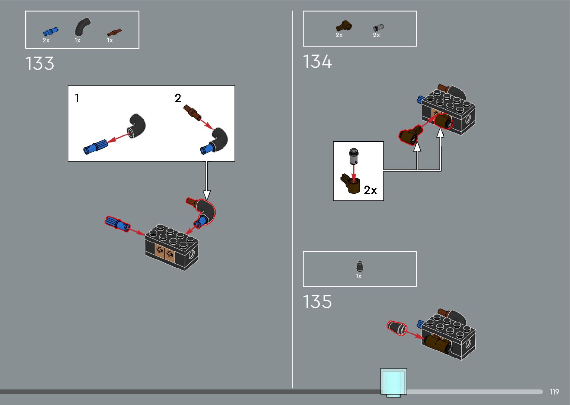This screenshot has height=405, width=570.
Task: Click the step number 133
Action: [40, 64]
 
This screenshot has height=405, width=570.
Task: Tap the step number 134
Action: [317, 62]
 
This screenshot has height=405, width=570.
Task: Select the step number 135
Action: [317, 302]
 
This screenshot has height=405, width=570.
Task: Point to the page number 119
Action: [554, 392]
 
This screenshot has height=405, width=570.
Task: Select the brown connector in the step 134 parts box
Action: [344, 26]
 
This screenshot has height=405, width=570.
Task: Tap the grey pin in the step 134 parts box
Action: [378, 28]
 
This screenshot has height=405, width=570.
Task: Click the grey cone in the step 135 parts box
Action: [360, 266]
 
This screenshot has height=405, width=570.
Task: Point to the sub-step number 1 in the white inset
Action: [77, 98]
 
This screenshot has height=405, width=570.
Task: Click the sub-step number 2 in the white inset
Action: [178, 98]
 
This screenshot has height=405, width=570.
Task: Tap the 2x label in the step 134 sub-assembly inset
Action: [370, 190]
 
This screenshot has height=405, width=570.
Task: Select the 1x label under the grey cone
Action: [359, 276]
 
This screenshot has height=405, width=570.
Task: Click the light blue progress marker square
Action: [394, 382]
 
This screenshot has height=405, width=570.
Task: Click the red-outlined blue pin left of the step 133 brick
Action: [117, 224]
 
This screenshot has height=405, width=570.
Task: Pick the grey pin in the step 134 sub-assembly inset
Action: [353, 156]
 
